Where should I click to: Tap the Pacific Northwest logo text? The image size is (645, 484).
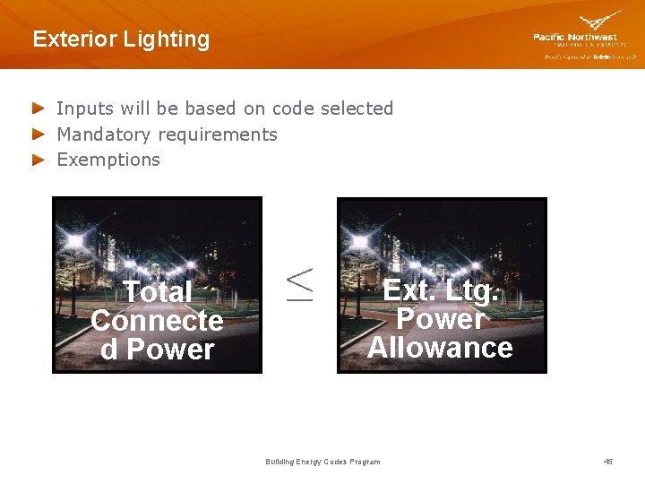[x=574, y=38]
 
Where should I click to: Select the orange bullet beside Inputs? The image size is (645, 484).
[x=38, y=108]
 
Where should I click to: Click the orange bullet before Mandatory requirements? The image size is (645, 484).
[x=38, y=134]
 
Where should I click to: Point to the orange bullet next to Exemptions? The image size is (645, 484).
[x=38, y=160]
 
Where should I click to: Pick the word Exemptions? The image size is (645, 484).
[x=108, y=160]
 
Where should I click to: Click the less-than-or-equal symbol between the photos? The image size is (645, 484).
[x=299, y=283]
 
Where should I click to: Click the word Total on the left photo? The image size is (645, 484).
[x=158, y=292]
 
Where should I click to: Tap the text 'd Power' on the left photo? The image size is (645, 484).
[x=158, y=350]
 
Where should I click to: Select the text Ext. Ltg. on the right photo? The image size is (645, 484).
[x=441, y=290]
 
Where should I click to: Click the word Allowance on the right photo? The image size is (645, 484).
[x=440, y=348]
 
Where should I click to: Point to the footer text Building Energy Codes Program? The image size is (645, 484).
[x=322, y=462]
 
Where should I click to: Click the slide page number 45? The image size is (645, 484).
[x=608, y=462]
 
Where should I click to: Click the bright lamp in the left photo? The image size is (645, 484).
[x=75, y=241]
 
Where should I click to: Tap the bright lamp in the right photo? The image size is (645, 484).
[x=360, y=241]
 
